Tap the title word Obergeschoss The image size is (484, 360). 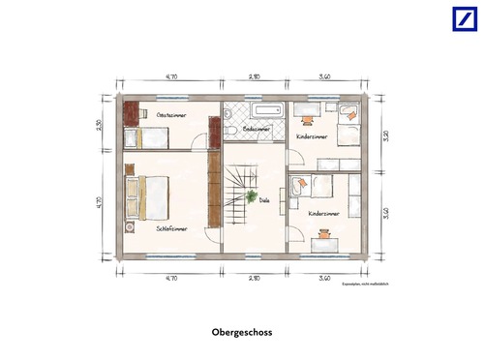tap(242, 332)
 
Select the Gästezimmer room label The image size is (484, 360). tap(171, 114)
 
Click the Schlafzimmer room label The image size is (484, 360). tap(171, 228)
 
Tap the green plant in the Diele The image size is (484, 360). tap(252, 197)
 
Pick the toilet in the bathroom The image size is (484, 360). tap(229, 128)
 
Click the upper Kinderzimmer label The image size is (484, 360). tap(312, 137)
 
